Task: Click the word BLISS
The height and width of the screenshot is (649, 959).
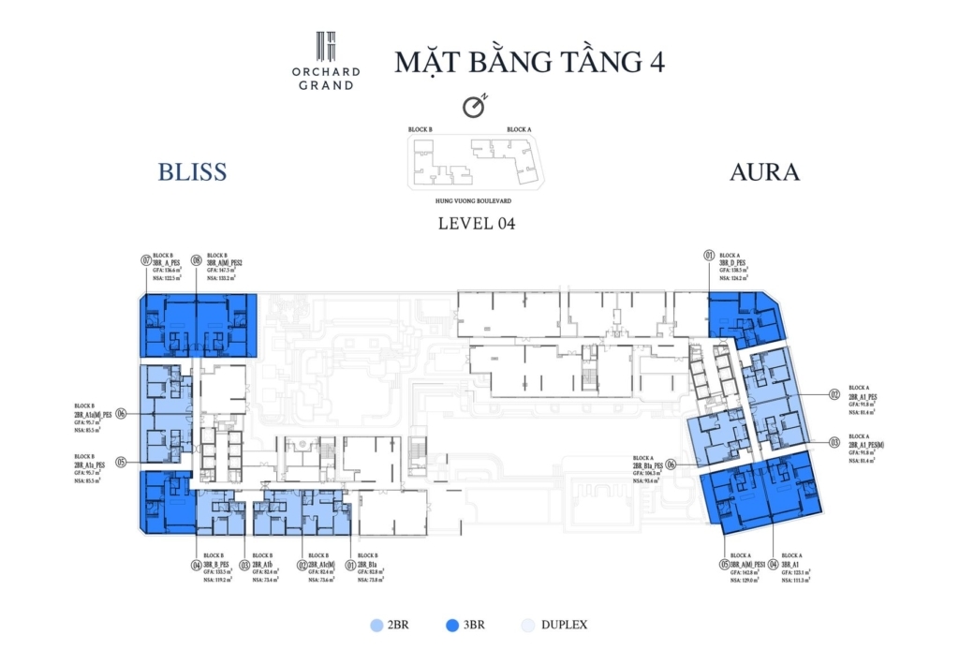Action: point(193,172)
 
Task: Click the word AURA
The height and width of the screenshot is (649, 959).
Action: point(765,172)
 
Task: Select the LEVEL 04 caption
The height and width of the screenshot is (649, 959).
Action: point(477,224)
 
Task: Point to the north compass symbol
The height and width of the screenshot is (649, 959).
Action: point(476,108)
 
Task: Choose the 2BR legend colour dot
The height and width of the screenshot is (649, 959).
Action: point(376,625)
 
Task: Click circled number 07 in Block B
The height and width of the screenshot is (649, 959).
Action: point(146,261)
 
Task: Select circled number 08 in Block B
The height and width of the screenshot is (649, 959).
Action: point(197,261)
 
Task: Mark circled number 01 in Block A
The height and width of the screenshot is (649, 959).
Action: point(709,255)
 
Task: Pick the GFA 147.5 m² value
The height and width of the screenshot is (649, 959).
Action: point(222,271)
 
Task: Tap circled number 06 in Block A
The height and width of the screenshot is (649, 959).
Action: point(671,463)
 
